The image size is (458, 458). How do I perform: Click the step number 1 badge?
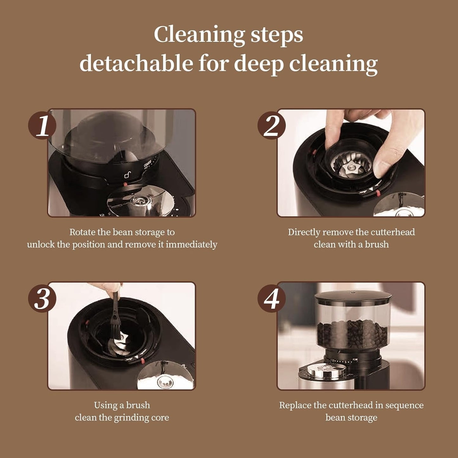(x=42, y=126)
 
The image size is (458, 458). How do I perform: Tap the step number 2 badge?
(x=271, y=126)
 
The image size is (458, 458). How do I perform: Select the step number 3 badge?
(x=42, y=298)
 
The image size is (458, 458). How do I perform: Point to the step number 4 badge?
(x=271, y=298)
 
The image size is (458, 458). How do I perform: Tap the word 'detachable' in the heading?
(x=136, y=63)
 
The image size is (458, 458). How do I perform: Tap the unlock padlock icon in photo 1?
(x=127, y=175)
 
